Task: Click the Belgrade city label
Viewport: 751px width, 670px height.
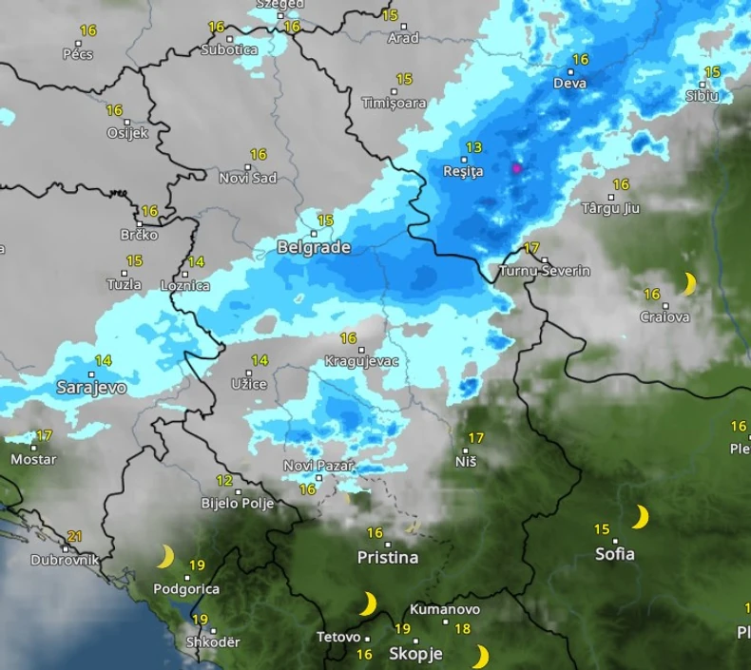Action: pos(314,247)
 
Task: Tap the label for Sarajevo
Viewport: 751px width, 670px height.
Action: pos(91,388)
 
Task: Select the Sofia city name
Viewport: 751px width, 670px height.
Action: pos(615,554)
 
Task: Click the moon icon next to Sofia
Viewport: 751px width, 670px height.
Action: pos(641,517)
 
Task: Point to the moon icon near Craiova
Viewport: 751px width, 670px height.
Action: pos(690,283)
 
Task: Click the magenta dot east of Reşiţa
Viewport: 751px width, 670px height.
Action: pos(517,168)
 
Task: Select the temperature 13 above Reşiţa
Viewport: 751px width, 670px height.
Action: pos(473,147)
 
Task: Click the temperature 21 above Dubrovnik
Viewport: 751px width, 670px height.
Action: pos(75,536)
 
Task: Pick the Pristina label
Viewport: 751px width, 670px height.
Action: pos(388,558)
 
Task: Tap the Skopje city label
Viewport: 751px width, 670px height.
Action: pos(416,653)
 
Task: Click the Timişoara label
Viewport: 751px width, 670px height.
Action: pos(394,103)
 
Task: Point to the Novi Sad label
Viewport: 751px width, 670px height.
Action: pos(248,178)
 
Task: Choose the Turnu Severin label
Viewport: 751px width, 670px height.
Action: pos(545,271)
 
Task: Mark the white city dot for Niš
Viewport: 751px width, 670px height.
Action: pos(466,450)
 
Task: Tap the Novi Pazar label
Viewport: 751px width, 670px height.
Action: pos(318,466)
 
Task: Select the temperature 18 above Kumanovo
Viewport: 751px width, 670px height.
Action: pos(463,628)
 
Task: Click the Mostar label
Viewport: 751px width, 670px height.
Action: pos(33,459)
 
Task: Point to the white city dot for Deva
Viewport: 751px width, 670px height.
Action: pos(571,71)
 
